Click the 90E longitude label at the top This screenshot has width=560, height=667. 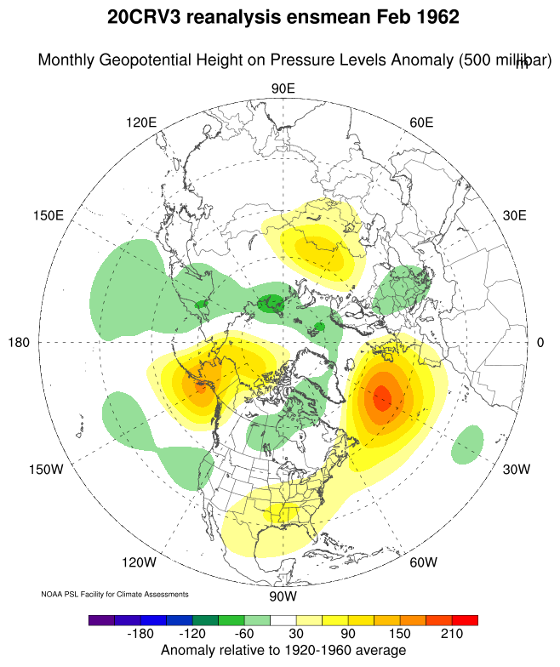tap(283, 89)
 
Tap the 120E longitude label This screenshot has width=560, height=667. tap(141, 122)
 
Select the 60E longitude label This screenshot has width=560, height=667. tap(421, 122)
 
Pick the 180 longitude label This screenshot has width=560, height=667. tap(19, 342)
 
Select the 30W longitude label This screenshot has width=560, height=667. tap(517, 470)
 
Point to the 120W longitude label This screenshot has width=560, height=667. tap(139, 562)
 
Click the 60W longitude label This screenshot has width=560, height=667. tap(423, 562)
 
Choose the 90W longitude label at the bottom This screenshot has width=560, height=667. tap(282, 595)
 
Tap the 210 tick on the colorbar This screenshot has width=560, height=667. tap(452, 635)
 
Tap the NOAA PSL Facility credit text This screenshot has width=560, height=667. tap(114, 594)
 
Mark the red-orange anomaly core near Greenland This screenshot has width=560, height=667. tap(381, 397)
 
